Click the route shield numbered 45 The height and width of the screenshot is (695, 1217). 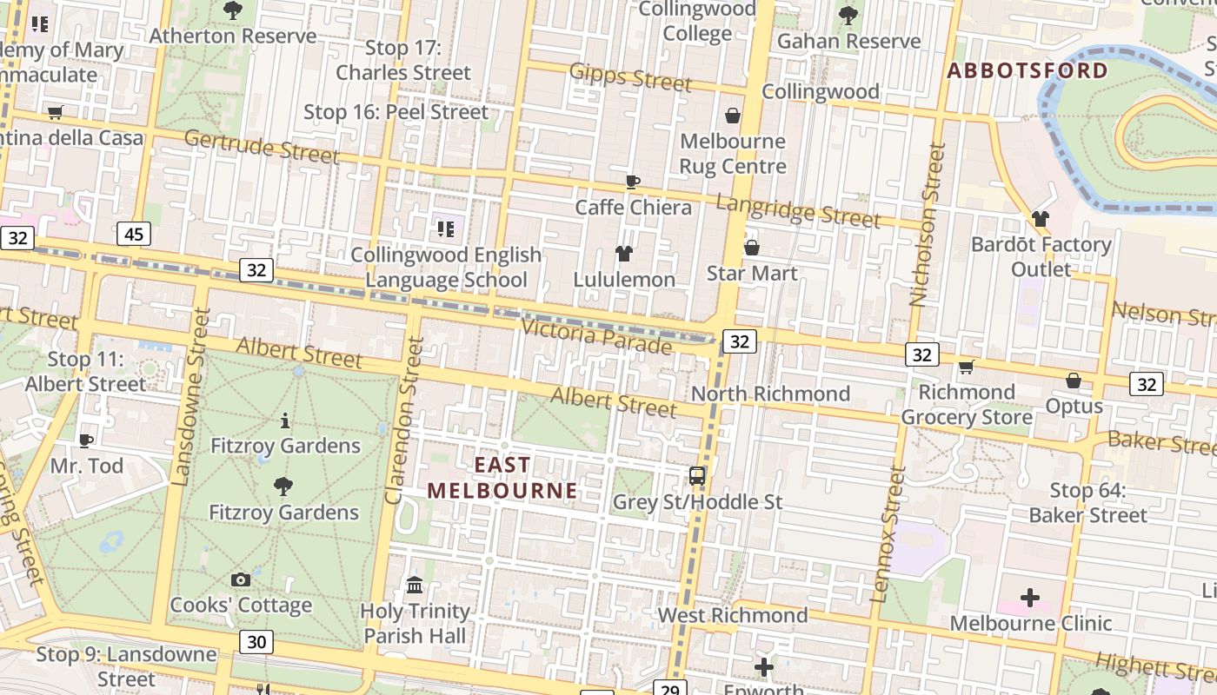coord(133,234)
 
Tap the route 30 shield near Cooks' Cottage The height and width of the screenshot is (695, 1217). coord(256,642)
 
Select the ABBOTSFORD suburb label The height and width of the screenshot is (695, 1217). coord(1027,70)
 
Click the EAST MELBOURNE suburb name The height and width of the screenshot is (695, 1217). coord(502,478)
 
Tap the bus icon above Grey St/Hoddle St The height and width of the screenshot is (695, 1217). coord(697,476)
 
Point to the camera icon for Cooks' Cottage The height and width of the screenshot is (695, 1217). coord(241,579)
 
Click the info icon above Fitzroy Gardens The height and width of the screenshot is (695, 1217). coord(285,421)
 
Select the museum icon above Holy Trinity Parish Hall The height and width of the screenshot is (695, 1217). coord(415,585)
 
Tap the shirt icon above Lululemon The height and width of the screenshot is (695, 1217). coord(624,254)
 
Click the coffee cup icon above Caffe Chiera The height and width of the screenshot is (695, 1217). coord(633,182)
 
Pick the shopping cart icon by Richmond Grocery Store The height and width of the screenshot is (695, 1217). coord(966,367)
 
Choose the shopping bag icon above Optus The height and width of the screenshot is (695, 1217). coord(1074,381)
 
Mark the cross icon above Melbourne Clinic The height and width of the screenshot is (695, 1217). coord(1030,598)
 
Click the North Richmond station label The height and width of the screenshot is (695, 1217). coord(770,394)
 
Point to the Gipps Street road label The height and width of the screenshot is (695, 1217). coord(630,77)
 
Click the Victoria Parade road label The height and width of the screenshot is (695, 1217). coord(596,336)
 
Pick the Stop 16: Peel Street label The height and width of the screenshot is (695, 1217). coord(396,112)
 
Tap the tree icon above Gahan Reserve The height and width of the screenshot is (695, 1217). coord(848,16)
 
